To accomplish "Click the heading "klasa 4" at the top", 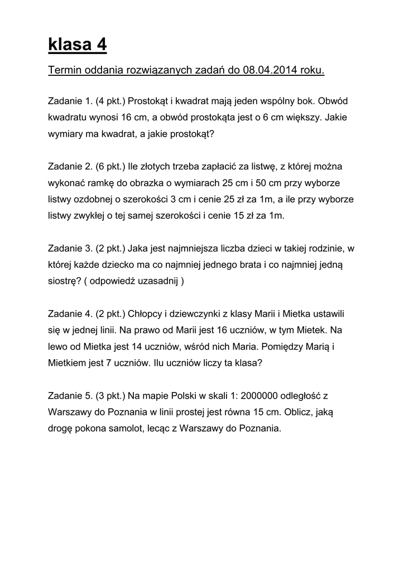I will pos(78,44).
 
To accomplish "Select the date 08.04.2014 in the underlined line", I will pos(270,71).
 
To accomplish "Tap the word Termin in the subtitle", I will pos(65,71).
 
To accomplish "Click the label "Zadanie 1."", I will pos(70,101).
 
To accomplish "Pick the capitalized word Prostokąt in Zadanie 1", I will pos(149,101).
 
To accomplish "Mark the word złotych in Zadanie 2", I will pos(157,166).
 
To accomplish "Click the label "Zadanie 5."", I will pos(70,396).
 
